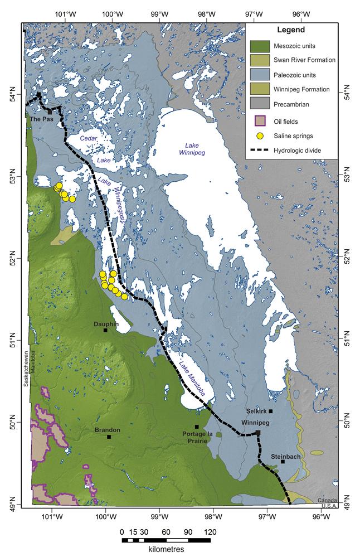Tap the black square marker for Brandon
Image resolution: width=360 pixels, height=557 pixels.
(109, 437)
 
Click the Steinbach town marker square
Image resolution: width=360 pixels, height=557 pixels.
(283, 462)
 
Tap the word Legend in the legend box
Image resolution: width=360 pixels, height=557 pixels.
(293, 30)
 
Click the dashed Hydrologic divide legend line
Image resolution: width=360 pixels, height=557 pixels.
(262, 151)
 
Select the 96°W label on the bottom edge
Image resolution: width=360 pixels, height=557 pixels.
(321, 516)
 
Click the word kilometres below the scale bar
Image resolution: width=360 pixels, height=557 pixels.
(166, 549)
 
